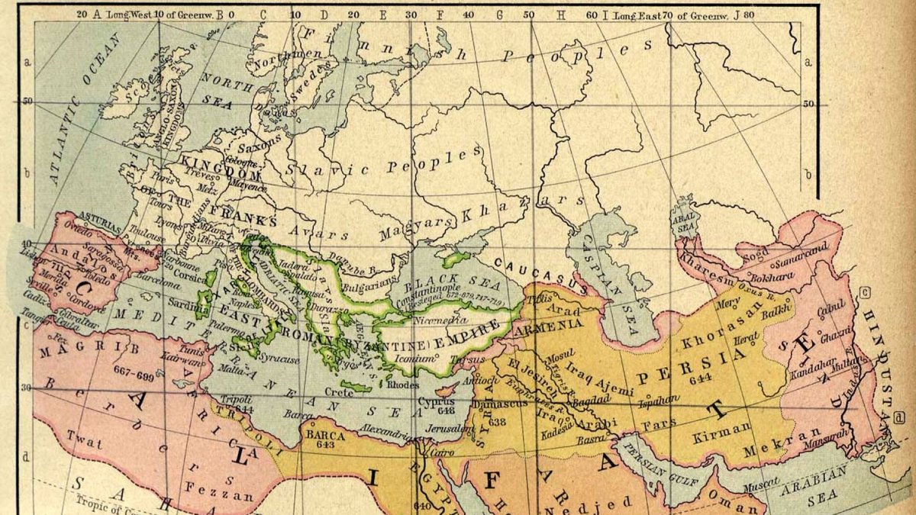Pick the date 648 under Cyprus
pyautogui.click(x=446, y=409)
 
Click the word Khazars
pyautogui.click(x=546, y=202)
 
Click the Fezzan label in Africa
pyautogui.click(x=226, y=496)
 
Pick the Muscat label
pyautogui.click(x=760, y=483)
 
